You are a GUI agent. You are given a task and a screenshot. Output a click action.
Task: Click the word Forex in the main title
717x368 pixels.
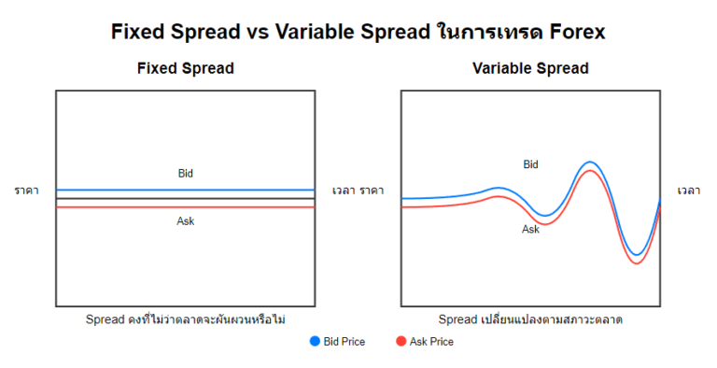tap(572, 32)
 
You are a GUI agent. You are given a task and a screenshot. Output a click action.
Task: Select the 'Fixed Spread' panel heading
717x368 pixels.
tap(185, 68)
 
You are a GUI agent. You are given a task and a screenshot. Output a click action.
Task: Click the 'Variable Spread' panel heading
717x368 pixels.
tap(530, 68)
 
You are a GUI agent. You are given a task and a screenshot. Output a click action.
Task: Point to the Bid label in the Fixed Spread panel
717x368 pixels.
tap(185, 173)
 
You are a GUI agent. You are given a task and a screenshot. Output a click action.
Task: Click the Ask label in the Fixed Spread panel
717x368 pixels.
tap(185, 221)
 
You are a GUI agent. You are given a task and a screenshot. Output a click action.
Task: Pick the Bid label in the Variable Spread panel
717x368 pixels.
tap(530, 164)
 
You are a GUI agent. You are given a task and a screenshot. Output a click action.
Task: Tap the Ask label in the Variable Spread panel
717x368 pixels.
tap(530, 229)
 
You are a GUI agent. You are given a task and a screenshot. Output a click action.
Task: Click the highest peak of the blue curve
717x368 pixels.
tap(589, 163)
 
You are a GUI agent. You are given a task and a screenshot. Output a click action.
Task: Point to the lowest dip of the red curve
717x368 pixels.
tap(637, 263)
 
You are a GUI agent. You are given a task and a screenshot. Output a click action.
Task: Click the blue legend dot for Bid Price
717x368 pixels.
tap(314, 342)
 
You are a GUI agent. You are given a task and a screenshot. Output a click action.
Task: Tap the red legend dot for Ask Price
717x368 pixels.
tap(401, 342)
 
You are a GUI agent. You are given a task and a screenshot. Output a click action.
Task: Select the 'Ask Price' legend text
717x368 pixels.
tap(431, 342)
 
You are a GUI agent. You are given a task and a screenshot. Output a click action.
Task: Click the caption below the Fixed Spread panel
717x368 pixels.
tap(185, 319)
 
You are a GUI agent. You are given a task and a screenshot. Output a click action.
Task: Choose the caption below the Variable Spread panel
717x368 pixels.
tap(530, 319)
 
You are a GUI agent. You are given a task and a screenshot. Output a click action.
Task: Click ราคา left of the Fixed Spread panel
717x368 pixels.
tap(26, 191)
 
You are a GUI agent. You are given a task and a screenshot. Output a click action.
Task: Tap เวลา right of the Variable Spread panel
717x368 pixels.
tap(689, 191)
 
